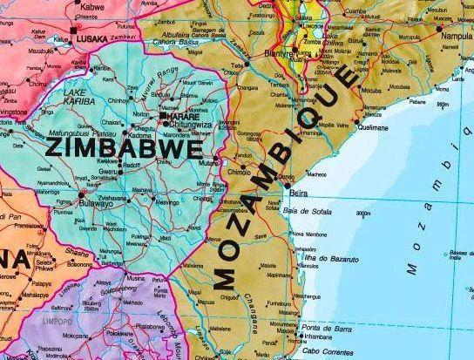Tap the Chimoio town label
240,173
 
